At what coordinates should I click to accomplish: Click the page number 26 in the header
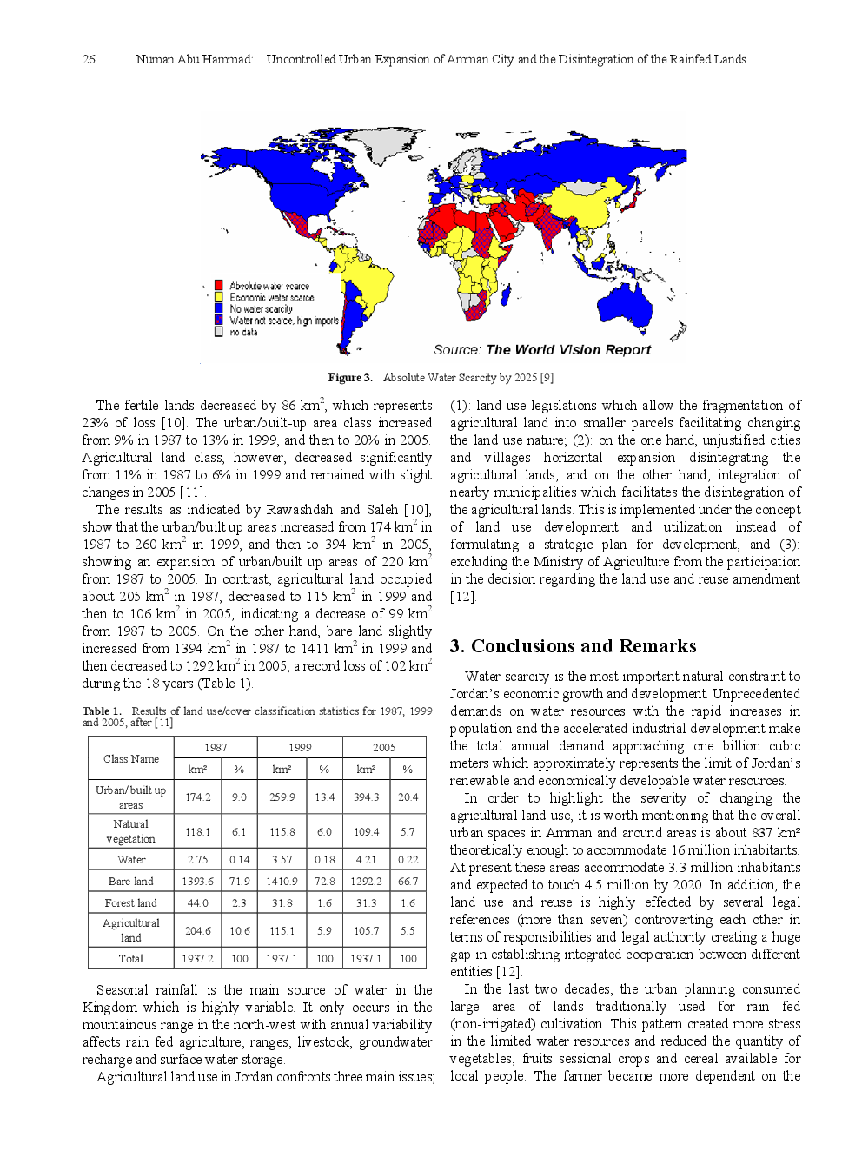[x=89, y=60]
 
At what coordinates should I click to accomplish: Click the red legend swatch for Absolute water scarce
[x=219, y=285]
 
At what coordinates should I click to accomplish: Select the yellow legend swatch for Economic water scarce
[x=219, y=296]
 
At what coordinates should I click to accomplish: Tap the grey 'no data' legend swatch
[x=219, y=331]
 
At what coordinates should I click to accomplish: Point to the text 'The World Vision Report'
[x=568, y=349]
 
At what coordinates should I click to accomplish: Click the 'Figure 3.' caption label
[x=349, y=378]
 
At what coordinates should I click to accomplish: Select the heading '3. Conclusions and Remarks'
[x=573, y=646]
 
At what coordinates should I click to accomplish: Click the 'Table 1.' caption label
[x=102, y=711]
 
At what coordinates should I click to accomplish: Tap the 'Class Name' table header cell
[x=131, y=758]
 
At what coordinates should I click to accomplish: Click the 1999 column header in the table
[x=300, y=747]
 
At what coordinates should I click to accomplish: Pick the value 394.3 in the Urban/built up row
[x=366, y=797]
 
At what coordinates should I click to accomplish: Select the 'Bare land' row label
[x=131, y=881]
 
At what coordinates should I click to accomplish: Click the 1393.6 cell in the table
[x=197, y=881]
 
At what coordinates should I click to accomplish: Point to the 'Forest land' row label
[x=131, y=902]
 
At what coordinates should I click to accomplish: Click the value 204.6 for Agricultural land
[x=197, y=930]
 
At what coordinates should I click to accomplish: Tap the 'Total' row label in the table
[x=131, y=958]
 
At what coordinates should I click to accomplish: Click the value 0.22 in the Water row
[x=408, y=859]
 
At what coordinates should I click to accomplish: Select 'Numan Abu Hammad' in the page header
[x=193, y=60]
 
